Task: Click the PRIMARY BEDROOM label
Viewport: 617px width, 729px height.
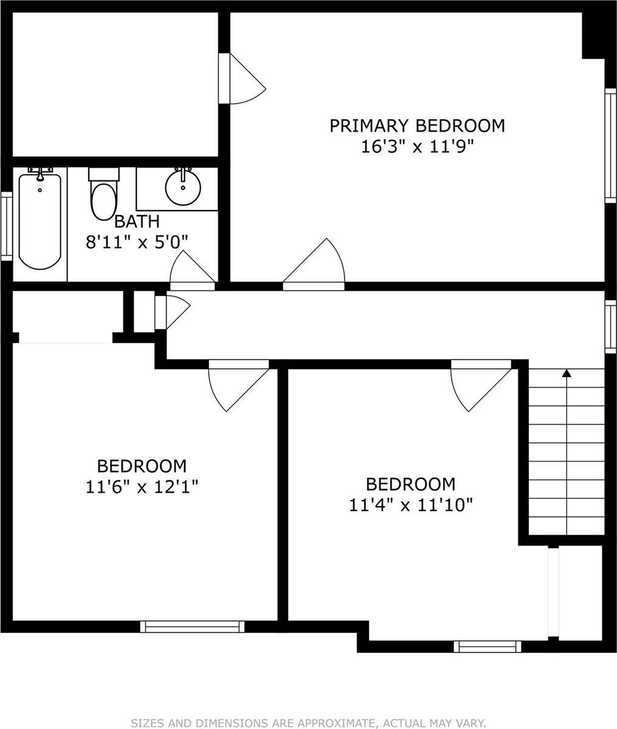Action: tap(417, 126)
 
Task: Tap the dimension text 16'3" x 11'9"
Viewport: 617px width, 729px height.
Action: tap(417, 147)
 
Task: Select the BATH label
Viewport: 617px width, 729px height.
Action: tap(137, 221)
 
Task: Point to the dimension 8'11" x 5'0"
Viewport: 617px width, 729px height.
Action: tap(137, 241)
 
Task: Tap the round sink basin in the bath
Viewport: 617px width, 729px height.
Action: tap(182, 187)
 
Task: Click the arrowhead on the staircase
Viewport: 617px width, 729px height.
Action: tap(567, 373)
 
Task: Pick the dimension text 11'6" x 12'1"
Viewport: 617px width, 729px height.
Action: tap(142, 487)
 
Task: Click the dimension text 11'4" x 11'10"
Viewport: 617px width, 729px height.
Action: tap(411, 505)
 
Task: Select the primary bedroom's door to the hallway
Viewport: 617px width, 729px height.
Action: tap(316, 264)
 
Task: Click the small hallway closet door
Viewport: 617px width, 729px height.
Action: tap(173, 310)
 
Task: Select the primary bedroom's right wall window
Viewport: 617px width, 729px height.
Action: tap(610, 146)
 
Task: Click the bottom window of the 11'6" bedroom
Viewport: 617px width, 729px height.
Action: tap(192, 626)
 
